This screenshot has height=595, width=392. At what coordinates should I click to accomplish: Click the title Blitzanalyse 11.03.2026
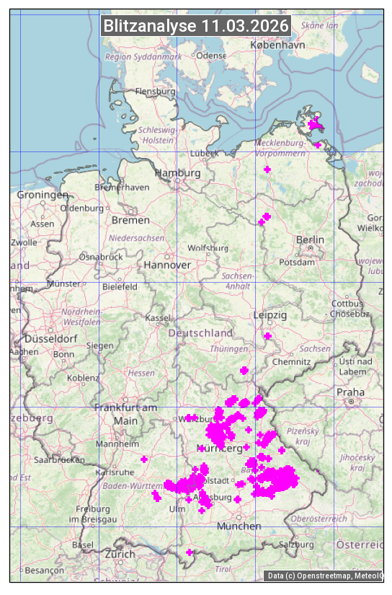click(196, 26)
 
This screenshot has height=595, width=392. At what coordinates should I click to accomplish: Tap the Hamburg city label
click(178, 173)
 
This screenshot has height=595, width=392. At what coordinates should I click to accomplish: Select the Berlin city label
click(310, 239)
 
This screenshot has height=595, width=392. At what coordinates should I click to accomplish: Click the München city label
click(239, 526)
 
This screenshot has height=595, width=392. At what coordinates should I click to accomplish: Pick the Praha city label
click(350, 392)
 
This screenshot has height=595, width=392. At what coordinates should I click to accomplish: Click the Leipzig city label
click(270, 315)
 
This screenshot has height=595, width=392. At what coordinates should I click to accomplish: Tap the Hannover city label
click(167, 265)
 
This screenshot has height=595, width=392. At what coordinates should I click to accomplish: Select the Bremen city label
click(130, 220)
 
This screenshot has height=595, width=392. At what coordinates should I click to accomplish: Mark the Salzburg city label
click(298, 545)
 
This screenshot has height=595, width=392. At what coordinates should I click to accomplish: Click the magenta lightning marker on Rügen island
click(315, 125)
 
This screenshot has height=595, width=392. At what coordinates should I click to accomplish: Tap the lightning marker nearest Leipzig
click(268, 336)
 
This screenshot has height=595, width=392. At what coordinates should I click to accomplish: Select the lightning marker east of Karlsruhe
click(144, 459)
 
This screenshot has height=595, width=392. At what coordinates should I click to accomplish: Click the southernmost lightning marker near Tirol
click(190, 552)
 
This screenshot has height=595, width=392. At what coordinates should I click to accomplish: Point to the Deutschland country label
click(200, 333)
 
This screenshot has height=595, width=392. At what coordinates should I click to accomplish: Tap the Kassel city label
click(157, 318)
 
